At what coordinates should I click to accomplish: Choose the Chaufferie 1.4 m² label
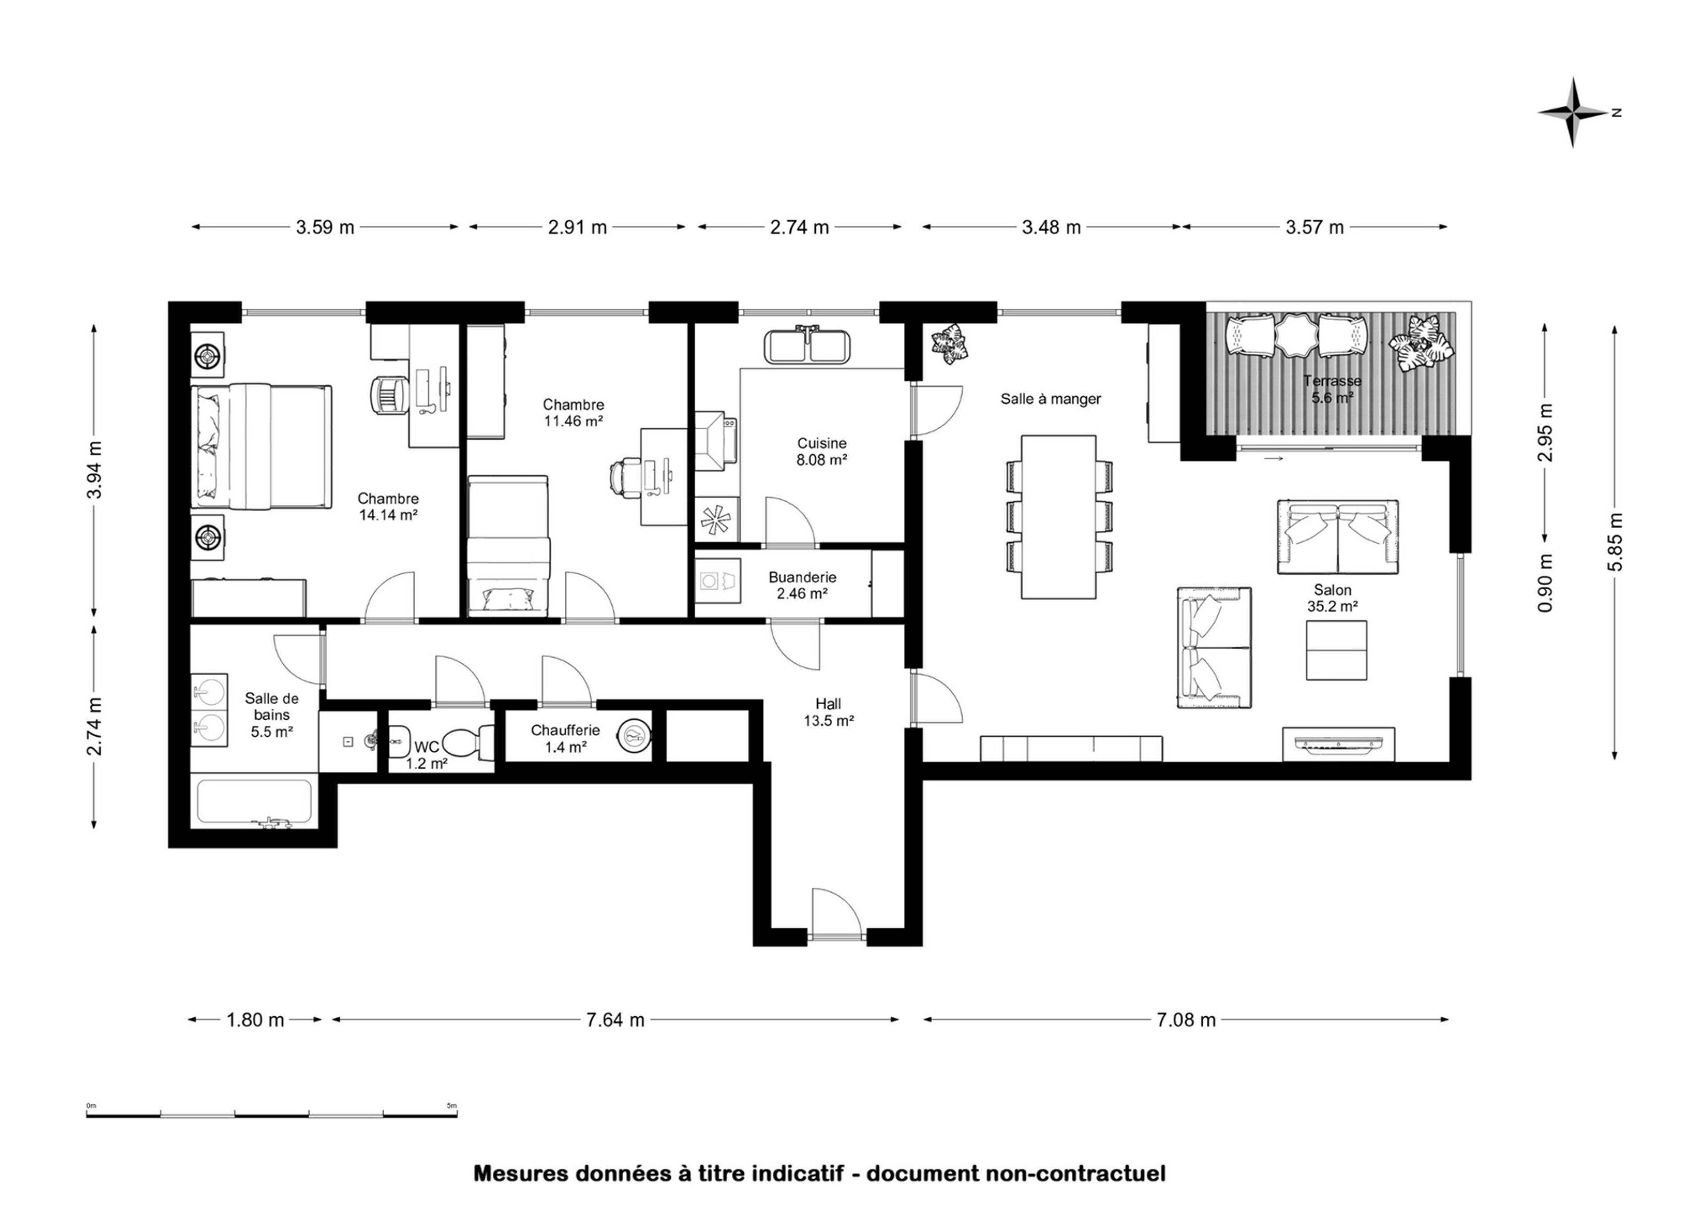(x=566, y=738)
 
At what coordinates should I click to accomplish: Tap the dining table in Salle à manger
(x=1058, y=517)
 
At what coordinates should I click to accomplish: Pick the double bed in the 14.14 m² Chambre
(x=261, y=447)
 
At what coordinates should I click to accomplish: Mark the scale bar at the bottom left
(x=272, y=1114)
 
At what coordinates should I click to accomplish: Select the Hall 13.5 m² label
(x=828, y=712)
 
